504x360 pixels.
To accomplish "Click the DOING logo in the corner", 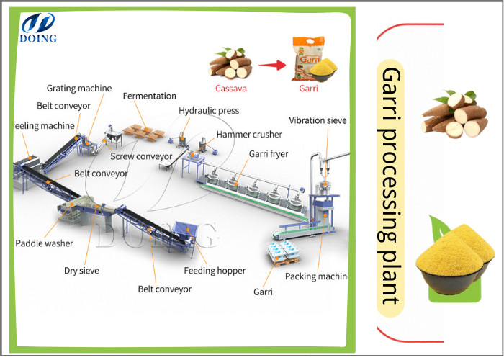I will coord(38,27).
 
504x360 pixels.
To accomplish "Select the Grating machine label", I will coord(79,89).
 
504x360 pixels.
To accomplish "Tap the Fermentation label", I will coord(149,96).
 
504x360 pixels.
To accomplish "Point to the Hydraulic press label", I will coord(209,111).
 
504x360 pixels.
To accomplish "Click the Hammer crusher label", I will coord(249,135).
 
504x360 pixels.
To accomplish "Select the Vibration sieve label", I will coord(318,120).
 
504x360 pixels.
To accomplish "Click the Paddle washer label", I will coord(44,243).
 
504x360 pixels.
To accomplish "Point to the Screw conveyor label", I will coord(141,156).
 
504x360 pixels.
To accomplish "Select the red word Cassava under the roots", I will coord(230,89).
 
